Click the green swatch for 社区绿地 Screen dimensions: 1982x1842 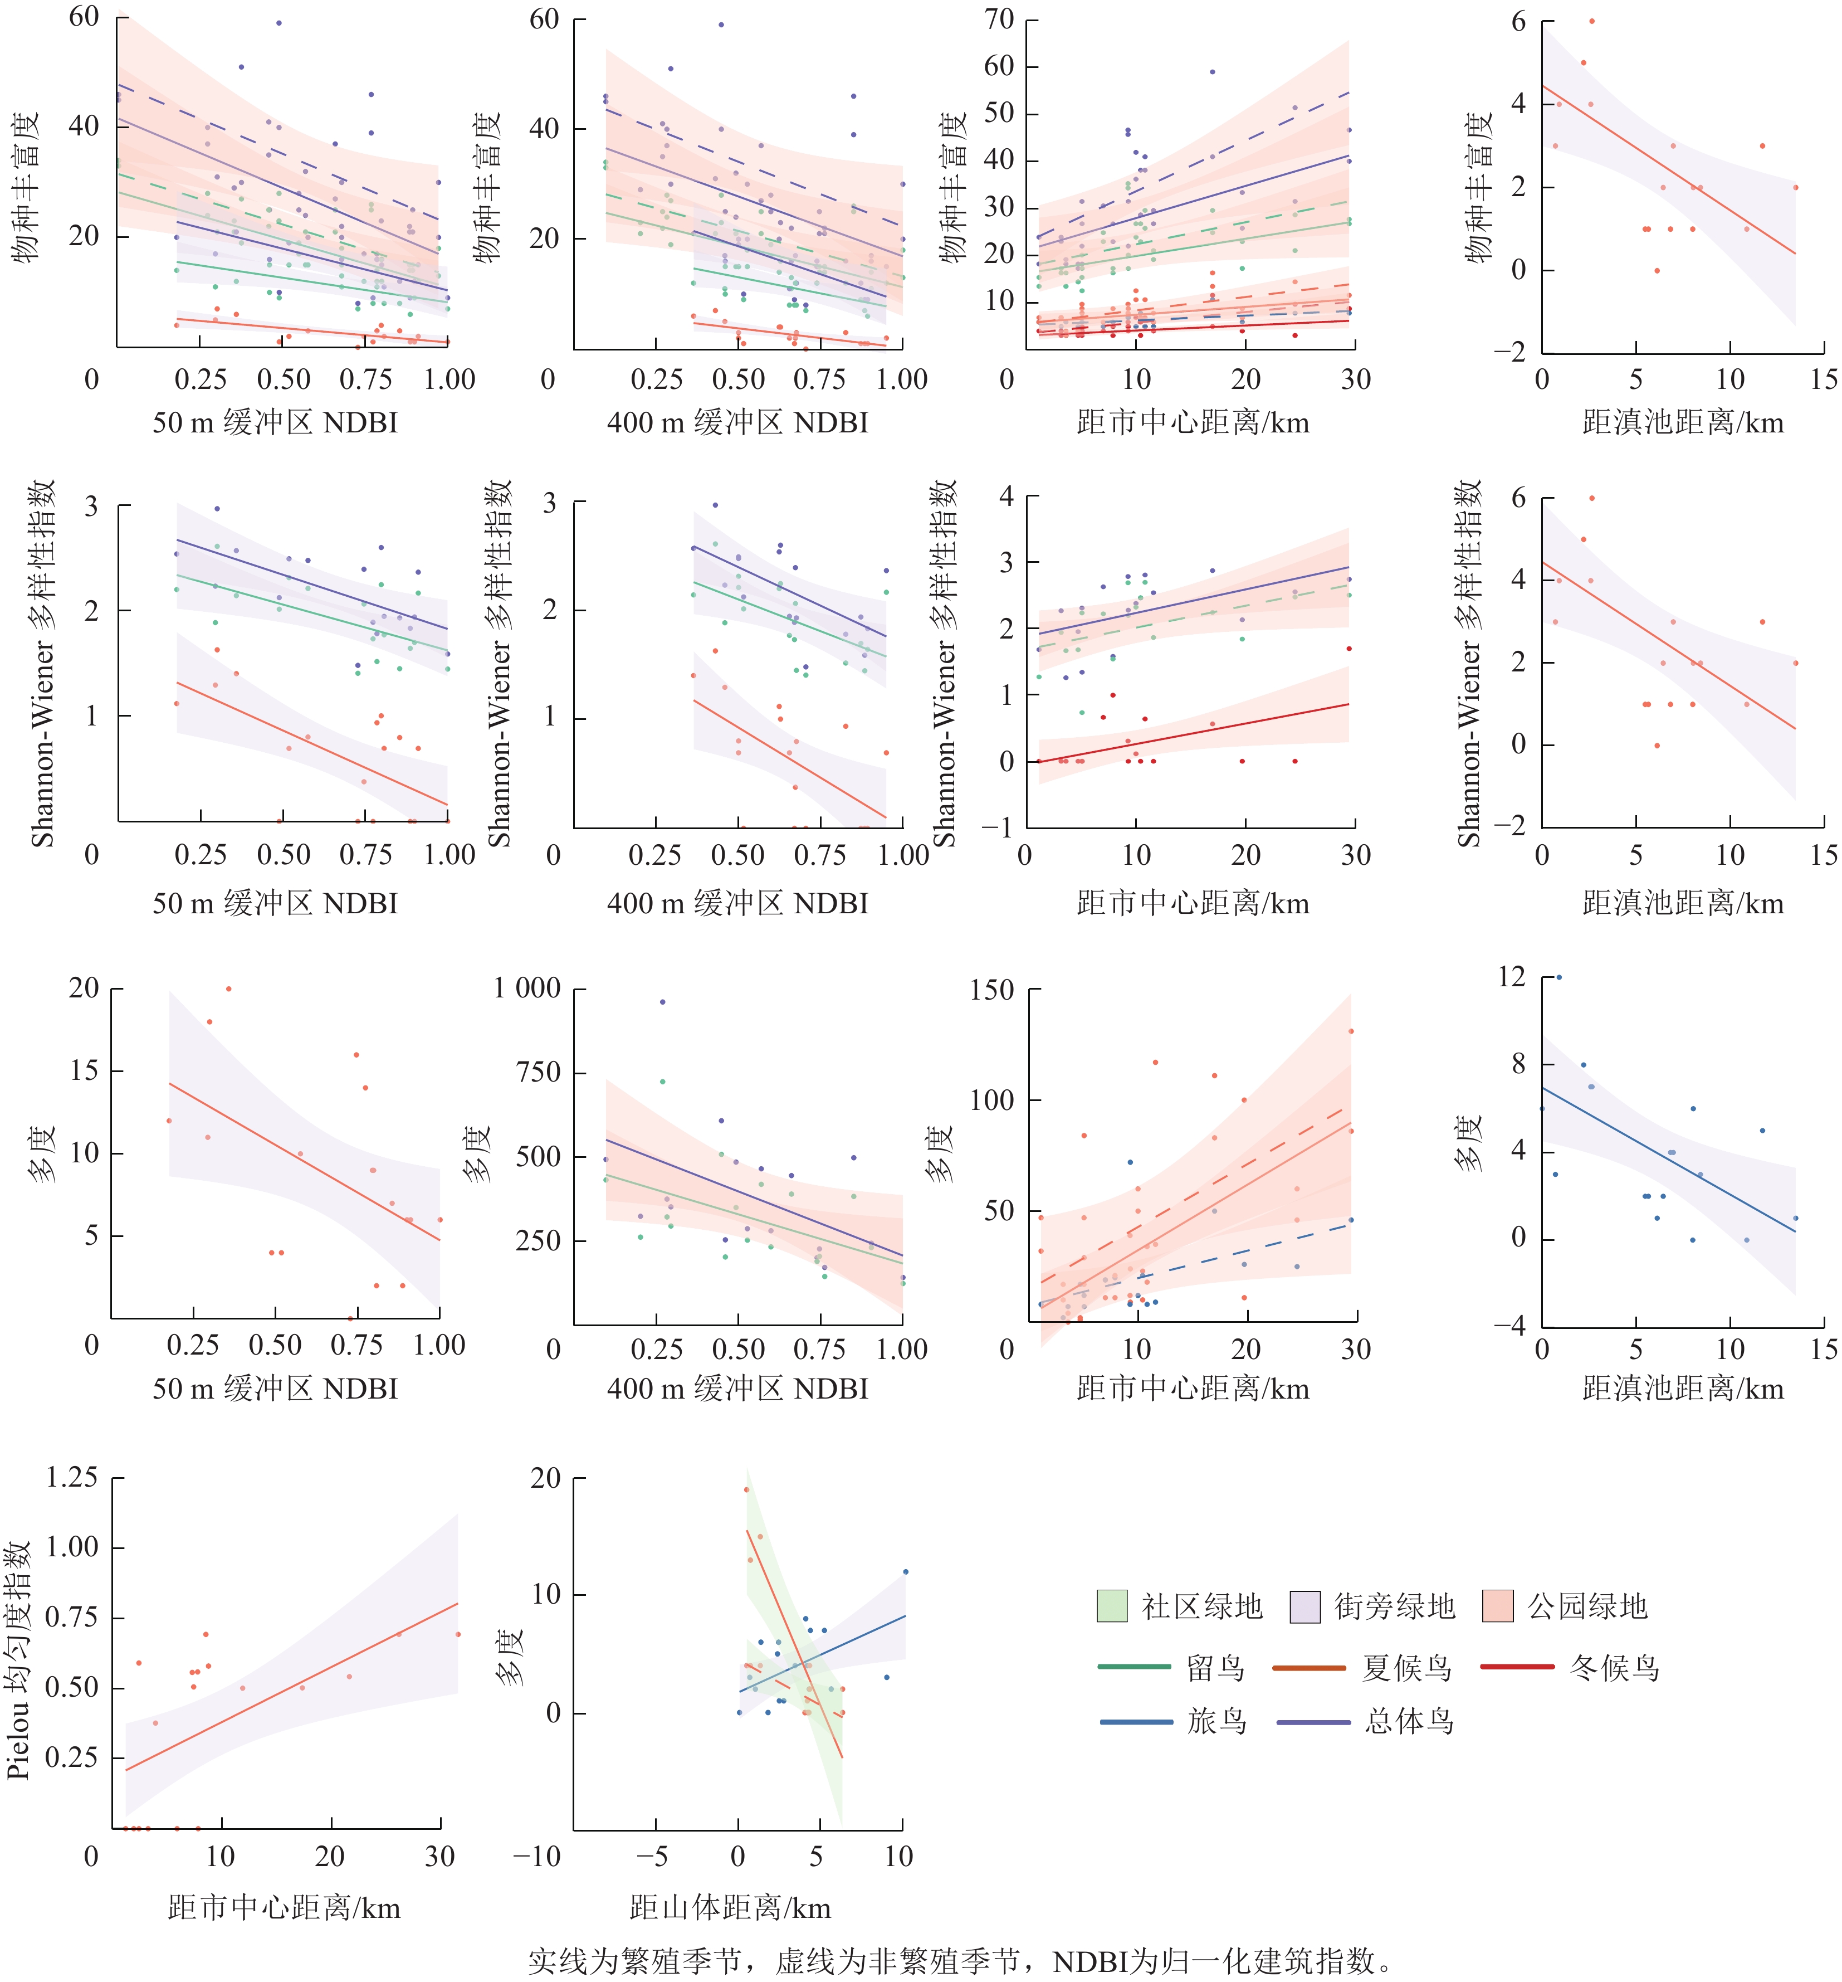point(1111,1606)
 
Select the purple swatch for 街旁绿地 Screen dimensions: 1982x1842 point(1304,1606)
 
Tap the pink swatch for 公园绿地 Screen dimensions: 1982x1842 point(1497,1606)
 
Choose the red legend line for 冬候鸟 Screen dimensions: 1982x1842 point(1517,1667)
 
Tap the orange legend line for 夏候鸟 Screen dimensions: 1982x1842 point(1309,1667)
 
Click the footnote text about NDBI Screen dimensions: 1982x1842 point(959,1961)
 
